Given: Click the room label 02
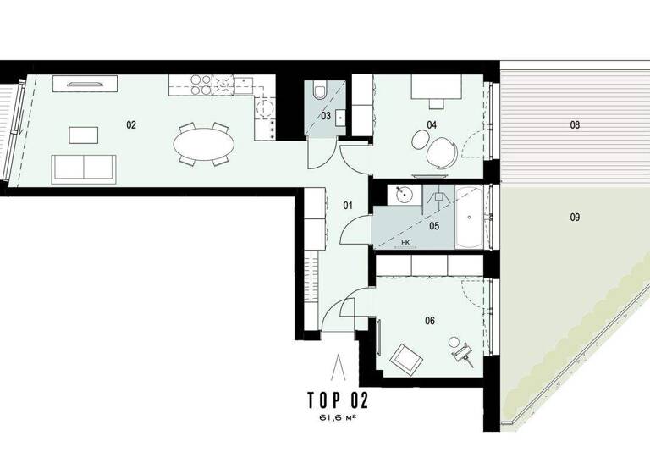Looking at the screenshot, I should coord(131,124).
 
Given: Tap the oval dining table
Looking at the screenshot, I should coord(205,143).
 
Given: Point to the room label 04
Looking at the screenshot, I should coord(432,124).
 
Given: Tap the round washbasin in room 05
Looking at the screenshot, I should coord(405,196).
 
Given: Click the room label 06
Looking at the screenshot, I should coord(430,321).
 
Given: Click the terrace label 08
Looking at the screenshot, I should coord(575,125).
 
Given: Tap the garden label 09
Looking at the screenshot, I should coord(575,218).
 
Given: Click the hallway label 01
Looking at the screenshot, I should coord(347,205).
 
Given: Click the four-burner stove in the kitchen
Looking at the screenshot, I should coord(199,85).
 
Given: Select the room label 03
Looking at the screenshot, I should coord(325,116).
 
